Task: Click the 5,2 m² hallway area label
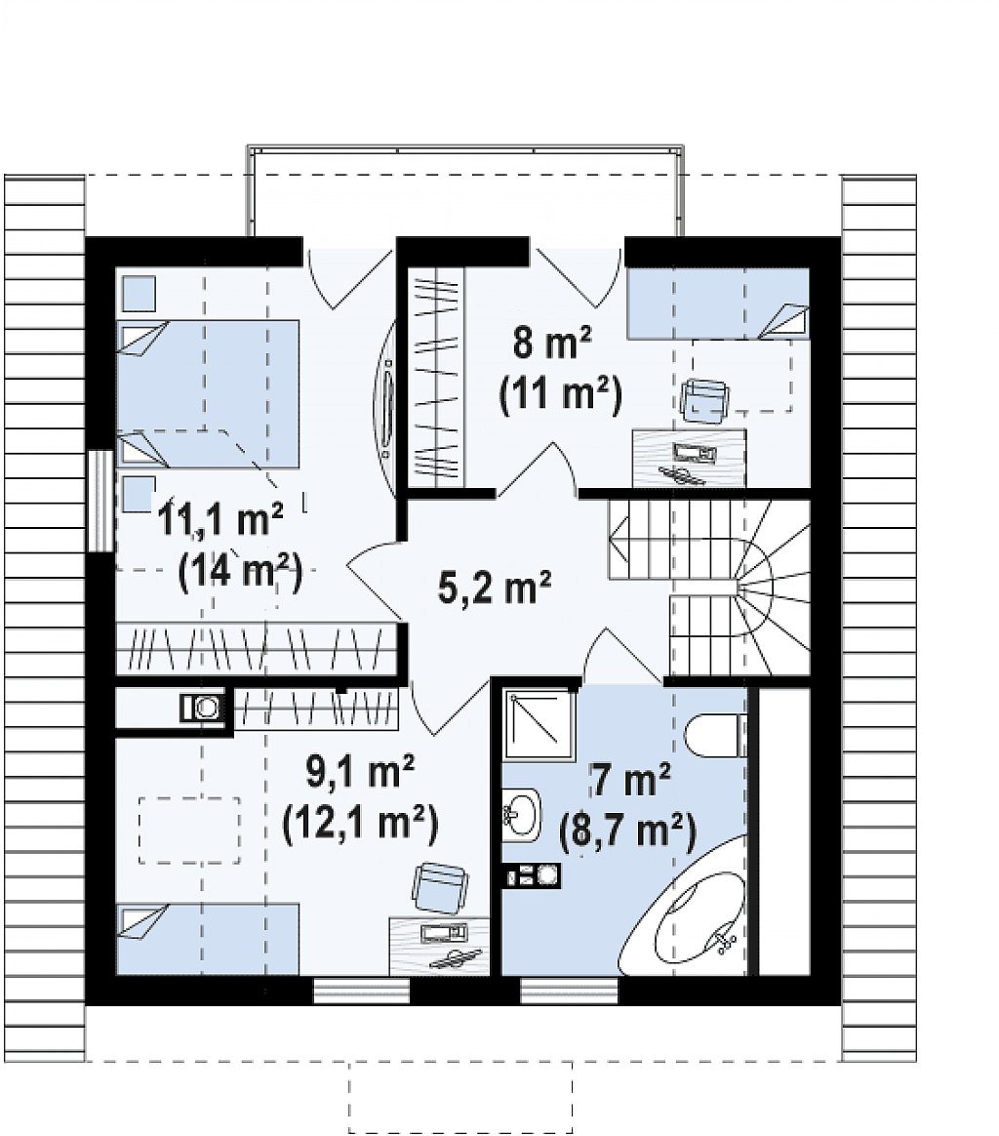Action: pos(495,587)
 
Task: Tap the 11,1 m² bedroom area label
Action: pos(220,519)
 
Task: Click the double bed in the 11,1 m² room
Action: pos(208,393)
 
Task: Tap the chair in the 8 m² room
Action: pos(704,398)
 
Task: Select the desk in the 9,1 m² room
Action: pos(440,947)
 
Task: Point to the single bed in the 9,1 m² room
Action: pos(208,939)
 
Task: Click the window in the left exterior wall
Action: pos(100,500)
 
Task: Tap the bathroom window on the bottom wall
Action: pos(570,992)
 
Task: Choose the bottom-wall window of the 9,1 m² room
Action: pos(362,992)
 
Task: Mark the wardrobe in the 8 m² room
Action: pos(435,378)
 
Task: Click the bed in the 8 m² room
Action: pos(718,303)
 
